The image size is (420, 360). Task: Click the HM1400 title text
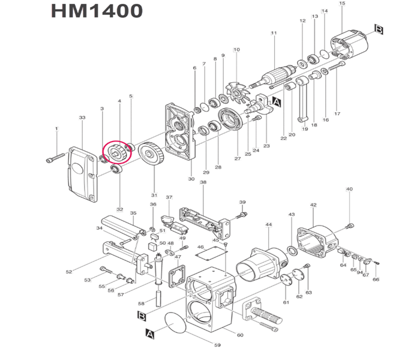97,11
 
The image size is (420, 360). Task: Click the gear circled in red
116,152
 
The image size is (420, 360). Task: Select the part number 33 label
82,118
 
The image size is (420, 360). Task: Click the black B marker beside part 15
379,29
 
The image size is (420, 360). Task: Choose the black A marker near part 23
276,102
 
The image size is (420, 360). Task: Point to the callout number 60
240,335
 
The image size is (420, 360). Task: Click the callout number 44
269,224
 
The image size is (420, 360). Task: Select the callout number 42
313,205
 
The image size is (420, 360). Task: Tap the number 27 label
237,159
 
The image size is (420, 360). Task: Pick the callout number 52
69,272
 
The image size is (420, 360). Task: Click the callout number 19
305,129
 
